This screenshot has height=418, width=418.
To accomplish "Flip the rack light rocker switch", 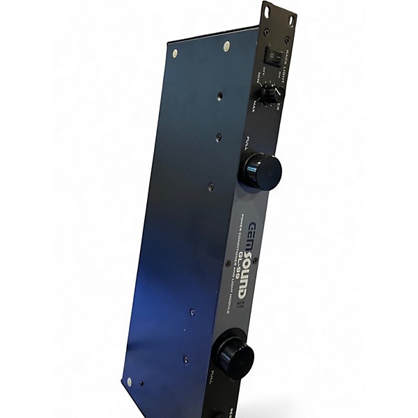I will coord(270,54).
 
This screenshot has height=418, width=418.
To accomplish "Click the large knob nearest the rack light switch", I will coord(261,170).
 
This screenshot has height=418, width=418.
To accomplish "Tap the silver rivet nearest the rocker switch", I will coord(227,47).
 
